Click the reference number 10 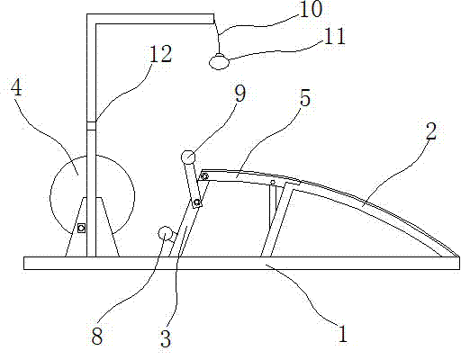pyautogui.click(x=311, y=9)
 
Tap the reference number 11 pyautogui.click(x=335, y=37)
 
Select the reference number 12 pyautogui.click(x=160, y=54)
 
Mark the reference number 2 pyautogui.click(x=431, y=131)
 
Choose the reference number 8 pyautogui.click(x=97, y=336)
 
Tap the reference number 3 pyautogui.click(x=166, y=338)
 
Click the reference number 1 pyautogui.click(x=342, y=334)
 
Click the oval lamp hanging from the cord pyautogui.click(x=219, y=62)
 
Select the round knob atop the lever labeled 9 pyautogui.click(x=188, y=157)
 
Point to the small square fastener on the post pyautogui.click(x=81, y=229)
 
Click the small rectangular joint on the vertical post pyautogui.click(x=91, y=126)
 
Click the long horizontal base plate pyautogui.click(x=241, y=263)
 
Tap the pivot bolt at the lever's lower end pyautogui.click(x=197, y=202)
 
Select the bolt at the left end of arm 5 pyautogui.click(x=205, y=176)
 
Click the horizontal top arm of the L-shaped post pyautogui.click(x=150, y=19)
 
